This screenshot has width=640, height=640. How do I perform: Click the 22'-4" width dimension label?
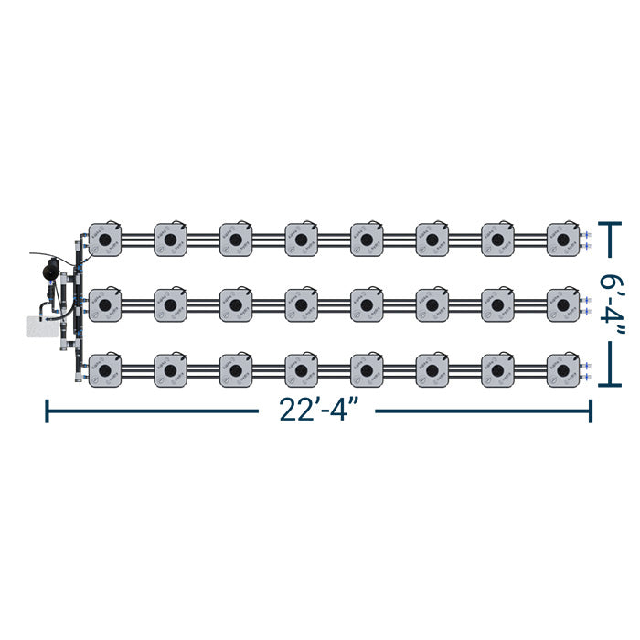click(317, 411)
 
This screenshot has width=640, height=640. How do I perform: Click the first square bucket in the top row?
click(105, 240)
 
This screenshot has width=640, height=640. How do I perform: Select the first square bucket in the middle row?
click(105, 304)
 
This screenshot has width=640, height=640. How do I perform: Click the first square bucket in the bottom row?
click(105, 368)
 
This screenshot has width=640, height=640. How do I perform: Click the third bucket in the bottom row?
click(236, 368)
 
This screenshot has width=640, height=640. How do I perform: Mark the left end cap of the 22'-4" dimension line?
click(47, 411)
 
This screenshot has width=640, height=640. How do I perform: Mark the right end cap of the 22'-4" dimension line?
click(591, 411)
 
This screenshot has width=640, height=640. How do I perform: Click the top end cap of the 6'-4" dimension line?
click(610, 221)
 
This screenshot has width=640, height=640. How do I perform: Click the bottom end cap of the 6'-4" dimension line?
click(610, 386)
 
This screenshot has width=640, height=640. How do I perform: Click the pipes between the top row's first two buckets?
click(138, 240)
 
